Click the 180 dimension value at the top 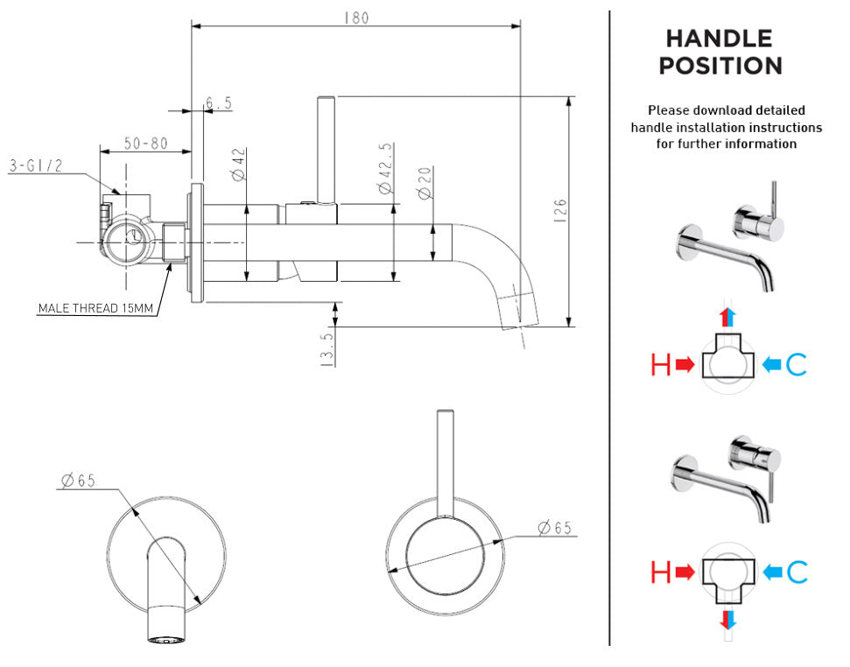[x=355, y=18]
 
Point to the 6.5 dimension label [x=219, y=104]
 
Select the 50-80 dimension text [x=145, y=143]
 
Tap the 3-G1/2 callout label [x=35, y=165]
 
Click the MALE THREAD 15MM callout [x=95, y=308]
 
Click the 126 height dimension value [x=560, y=210]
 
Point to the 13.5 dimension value [x=327, y=349]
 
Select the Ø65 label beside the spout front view [x=78, y=480]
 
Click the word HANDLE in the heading [x=720, y=39]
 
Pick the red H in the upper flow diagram [x=661, y=365]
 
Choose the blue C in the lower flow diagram [x=796, y=572]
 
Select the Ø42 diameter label [x=239, y=164]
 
